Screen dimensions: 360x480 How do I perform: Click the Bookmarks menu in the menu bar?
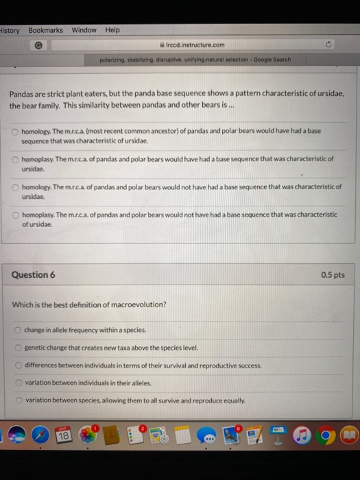(x=45, y=30)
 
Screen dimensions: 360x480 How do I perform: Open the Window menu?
(x=84, y=30)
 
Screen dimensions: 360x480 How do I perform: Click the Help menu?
(x=112, y=30)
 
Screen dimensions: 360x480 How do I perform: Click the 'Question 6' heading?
(x=32, y=275)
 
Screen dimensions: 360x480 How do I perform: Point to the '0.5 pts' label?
(x=333, y=275)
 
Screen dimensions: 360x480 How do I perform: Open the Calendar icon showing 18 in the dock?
(x=64, y=435)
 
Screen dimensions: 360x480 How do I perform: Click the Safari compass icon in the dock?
(x=40, y=435)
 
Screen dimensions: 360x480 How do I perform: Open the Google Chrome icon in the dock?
(x=328, y=435)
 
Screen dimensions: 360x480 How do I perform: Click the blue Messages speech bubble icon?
(x=209, y=435)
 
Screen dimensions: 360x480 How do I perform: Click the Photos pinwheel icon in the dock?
(x=88, y=435)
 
